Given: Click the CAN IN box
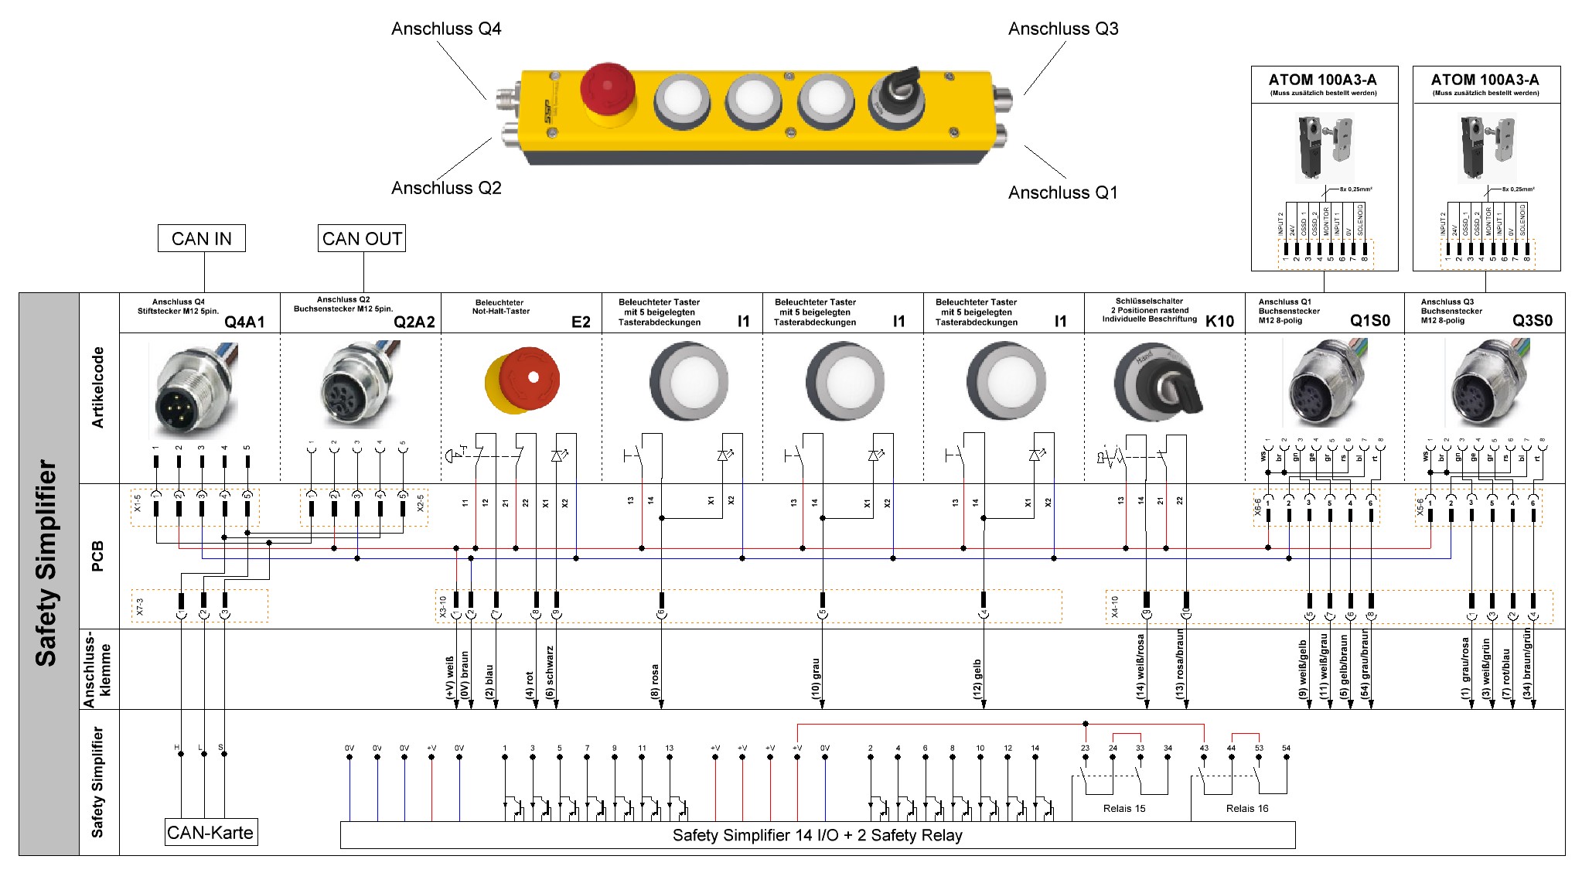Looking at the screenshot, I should point(201,239).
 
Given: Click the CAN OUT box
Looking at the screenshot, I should point(362,239).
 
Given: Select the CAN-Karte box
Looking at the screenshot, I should point(210,833).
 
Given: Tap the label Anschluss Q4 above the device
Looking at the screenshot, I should point(446,29).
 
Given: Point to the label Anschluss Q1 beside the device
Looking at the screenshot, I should point(1062,193).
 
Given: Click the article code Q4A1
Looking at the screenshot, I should point(244,322).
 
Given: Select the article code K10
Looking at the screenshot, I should point(1219,322).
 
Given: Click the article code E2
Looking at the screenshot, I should point(581,322).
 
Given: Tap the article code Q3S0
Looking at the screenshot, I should point(1532,321).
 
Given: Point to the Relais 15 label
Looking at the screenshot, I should point(1124,809).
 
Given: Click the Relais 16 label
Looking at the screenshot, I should point(1247,809).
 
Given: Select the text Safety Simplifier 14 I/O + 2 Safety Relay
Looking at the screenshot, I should point(817,835).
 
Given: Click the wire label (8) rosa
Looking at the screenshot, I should point(655,681).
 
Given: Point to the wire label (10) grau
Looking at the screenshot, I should point(816,679).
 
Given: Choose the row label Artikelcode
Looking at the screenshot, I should point(98,387).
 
